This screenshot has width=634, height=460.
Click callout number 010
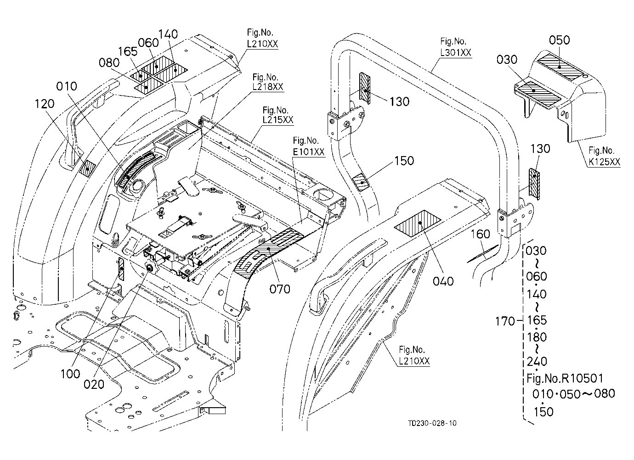(x=67, y=86)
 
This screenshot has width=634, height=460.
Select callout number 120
(x=45, y=104)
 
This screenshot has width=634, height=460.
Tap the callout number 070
(x=280, y=289)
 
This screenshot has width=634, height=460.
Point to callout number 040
(x=443, y=281)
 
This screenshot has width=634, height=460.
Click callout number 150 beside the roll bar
(x=404, y=161)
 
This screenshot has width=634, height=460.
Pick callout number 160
(x=480, y=234)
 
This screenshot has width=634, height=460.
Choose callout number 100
(x=70, y=374)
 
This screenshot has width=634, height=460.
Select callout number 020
(x=94, y=384)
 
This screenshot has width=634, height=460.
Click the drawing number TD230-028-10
(x=432, y=423)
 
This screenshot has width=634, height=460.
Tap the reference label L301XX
(x=456, y=53)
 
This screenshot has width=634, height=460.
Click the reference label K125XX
(x=604, y=162)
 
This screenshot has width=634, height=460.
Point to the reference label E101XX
(x=309, y=152)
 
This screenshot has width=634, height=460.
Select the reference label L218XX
(x=268, y=87)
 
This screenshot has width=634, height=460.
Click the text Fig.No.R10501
(x=565, y=378)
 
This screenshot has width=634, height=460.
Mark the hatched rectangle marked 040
(x=418, y=224)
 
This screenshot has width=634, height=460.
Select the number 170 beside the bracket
(x=505, y=321)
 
